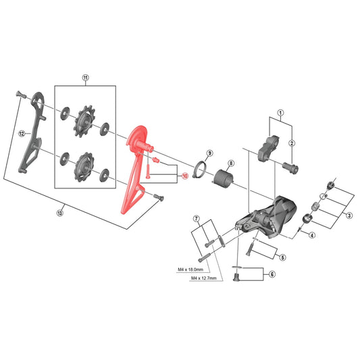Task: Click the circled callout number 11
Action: click(x=85, y=78)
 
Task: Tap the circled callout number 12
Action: click(x=22, y=133)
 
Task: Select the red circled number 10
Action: click(x=185, y=176)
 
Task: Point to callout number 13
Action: click(x=59, y=213)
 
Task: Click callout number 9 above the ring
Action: click(x=209, y=153)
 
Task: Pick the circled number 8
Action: click(x=231, y=163)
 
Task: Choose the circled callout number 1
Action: click(x=280, y=113)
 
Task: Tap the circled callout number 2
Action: click(x=292, y=143)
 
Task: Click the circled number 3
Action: click(x=349, y=215)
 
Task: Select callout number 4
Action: click(x=312, y=235)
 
